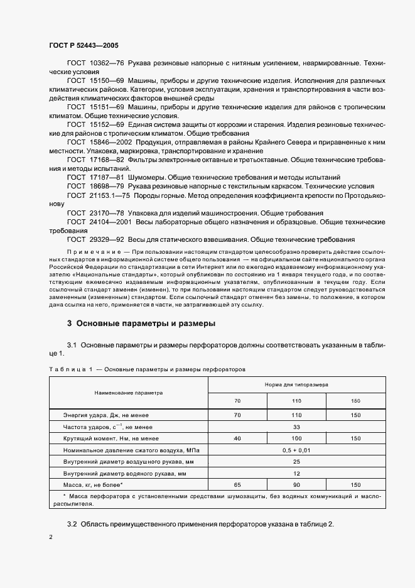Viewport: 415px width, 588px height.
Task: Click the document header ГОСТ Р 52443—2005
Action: [84, 46]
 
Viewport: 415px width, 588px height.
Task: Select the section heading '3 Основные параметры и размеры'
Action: [141, 324]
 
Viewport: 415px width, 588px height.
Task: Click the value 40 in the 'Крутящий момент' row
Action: [237, 438]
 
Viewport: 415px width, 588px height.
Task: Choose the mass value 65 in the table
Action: [237, 486]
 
